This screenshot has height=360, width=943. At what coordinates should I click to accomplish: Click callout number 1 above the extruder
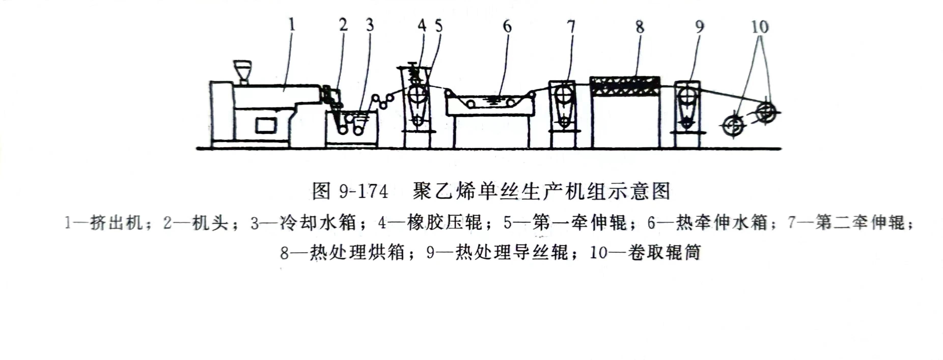[292, 25]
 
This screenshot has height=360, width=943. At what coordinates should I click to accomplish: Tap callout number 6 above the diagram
[507, 26]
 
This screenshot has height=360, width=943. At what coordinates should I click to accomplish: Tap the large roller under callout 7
[562, 95]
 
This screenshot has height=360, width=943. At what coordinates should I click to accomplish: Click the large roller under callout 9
[687, 96]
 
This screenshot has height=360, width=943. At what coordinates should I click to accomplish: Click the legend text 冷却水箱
[318, 222]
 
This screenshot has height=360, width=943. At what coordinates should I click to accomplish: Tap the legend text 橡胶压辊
[445, 222]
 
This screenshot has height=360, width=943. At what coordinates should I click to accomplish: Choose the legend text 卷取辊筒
[664, 252]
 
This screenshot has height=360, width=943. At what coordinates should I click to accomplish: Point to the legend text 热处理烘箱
[357, 252]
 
